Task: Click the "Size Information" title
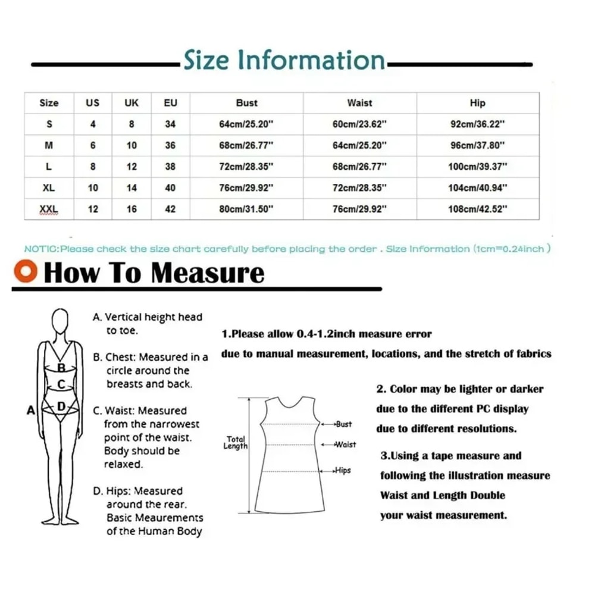pyautogui.click(x=284, y=61)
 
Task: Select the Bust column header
pyautogui.click(x=246, y=103)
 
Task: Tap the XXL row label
pyautogui.click(x=49, y=209)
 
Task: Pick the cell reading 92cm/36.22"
pyautogui.click(x=477, y=125)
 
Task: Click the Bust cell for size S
pyautogui.click(x=246, y=125)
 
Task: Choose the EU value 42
pyautogui.click(x=170, y=209)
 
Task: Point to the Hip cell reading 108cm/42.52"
pyautogui.click(x=477, y=209)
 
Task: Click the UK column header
pyautogui.click(x=131, y=103)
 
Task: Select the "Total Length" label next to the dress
pyautogui.click(x=236, y=443)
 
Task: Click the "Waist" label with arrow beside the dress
pyautogui.click(x=345, y=444)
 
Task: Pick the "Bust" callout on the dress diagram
pyautogui.click(x=343, y=424)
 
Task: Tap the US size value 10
pyautogui.click(x=93, y=188)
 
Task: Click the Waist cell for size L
pyautogui.click(x=359, y=167)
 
